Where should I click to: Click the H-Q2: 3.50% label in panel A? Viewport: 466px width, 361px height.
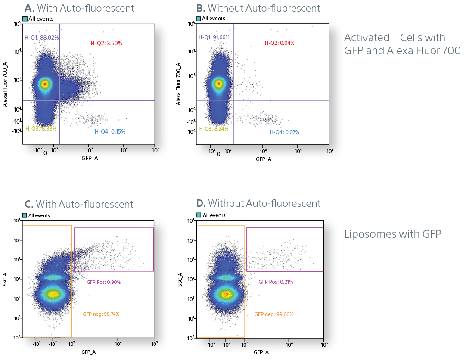click(x=106, y=43)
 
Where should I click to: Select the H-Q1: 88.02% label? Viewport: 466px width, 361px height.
click(x=41, y=37)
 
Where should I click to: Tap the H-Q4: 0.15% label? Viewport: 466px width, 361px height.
click(x=110, y=131)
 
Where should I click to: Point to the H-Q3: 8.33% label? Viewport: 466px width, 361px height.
click(x=40, y=128)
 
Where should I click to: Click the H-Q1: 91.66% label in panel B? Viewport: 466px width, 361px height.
click(x=214, y=37)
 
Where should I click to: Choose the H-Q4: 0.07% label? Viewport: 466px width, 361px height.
click(x=284, y=132)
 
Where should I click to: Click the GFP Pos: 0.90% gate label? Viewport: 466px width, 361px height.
click(x=103, y=282)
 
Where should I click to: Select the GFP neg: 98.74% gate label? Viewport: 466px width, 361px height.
click(x=101, y=314)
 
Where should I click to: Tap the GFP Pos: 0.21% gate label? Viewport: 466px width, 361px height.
click(x=276, y=282)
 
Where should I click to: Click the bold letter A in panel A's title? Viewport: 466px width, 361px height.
click(x=29, y=8)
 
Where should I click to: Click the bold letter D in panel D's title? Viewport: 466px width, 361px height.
click(x=201, y=203)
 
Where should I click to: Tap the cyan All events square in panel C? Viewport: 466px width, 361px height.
click(x=25, y=215)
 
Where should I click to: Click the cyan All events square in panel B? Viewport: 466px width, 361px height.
click(x=198, y=19)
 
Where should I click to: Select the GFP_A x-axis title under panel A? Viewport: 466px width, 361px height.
click(x=89, y=159)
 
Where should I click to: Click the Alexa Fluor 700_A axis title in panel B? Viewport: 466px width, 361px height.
click(x=178, y=84)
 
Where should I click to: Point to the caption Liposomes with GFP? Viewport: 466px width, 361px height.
click(x=393, y=234)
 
